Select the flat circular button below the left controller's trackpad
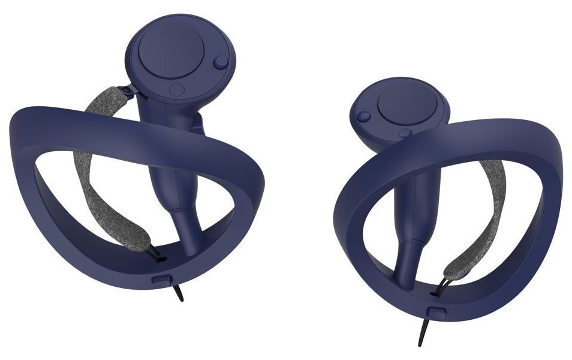coord(177,89)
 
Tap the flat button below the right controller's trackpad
coord(406,133)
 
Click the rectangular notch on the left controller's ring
coord(160,278)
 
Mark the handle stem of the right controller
coord(414,240)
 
